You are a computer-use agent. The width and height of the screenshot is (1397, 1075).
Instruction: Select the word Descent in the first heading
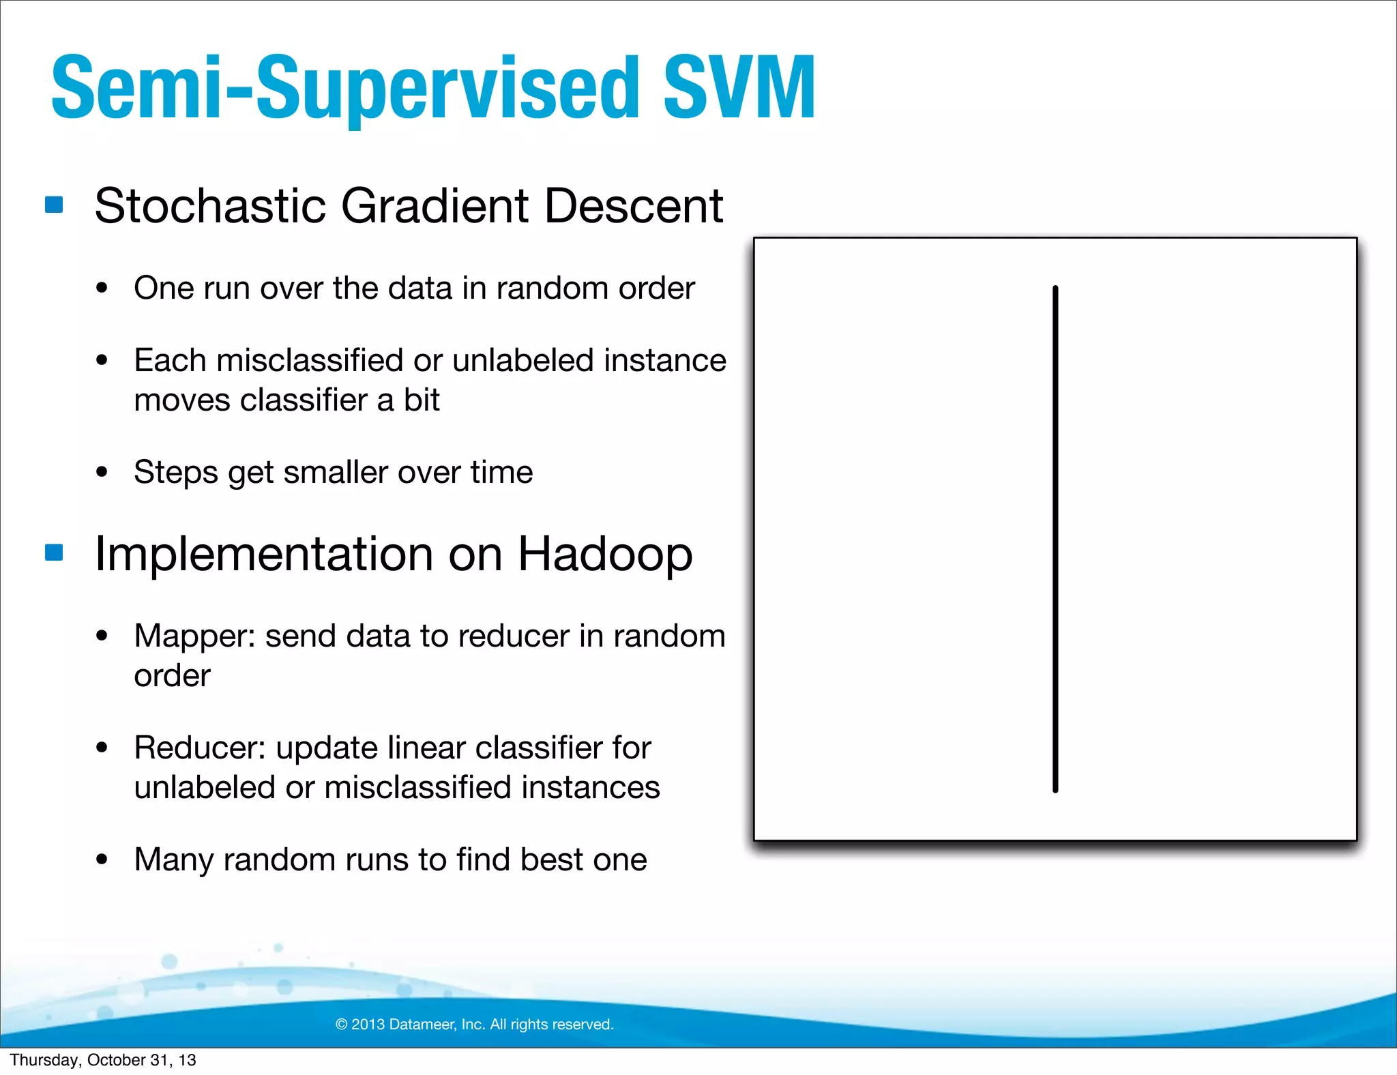634,205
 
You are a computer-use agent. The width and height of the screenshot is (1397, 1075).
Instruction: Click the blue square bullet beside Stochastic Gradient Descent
54,205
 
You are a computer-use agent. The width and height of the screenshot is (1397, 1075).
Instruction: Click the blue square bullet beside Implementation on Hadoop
54,552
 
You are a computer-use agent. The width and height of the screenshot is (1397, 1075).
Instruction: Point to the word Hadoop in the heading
605,554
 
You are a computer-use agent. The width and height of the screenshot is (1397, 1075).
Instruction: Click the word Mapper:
194,636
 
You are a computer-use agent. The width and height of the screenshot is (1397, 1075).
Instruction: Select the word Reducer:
200,748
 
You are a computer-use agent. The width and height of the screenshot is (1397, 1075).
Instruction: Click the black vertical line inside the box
1055,539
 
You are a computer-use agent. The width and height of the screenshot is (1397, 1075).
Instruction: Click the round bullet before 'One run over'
102,289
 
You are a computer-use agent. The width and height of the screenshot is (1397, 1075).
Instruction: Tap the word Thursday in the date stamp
44,1060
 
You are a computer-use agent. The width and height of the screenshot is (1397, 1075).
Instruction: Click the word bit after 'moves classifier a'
422,400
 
